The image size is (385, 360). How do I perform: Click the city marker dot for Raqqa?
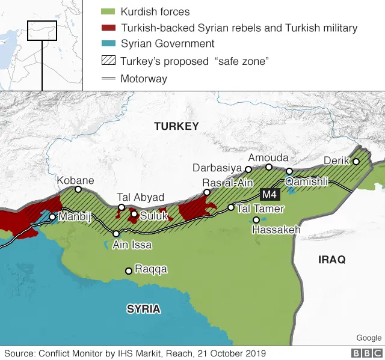128,271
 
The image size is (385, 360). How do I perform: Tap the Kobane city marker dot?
78,189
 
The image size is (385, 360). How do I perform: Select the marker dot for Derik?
356,161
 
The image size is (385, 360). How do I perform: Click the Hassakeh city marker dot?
256,220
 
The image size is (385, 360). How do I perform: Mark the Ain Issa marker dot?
116,234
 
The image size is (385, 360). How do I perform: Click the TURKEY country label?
176,126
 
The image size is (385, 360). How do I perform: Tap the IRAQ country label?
332,260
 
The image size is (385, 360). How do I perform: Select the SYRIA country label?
143,309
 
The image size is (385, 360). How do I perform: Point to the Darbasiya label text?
217,168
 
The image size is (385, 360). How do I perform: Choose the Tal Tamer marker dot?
230,207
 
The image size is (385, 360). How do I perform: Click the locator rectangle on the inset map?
42,31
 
